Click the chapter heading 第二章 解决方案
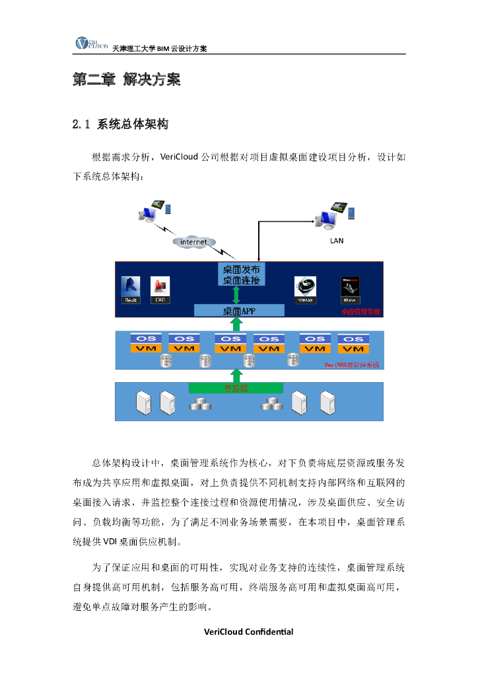tap(125, 80)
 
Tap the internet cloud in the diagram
tap(194, 242)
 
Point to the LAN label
tap(337, 241)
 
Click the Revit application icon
tap(131, 290)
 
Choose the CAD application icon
tap(160, 290)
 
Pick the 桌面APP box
tap(239, 311)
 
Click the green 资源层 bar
tap(236, 388)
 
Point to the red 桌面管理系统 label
tap(360, 311)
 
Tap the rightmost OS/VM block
tap(353, 343)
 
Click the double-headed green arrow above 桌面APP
tap(236, 296)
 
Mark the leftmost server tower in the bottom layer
tap(143, 402)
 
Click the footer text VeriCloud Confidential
tap(248, 631)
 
